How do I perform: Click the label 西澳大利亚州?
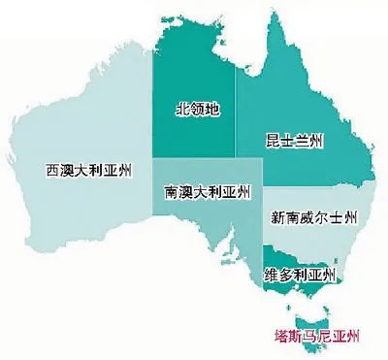(x=92, y=170)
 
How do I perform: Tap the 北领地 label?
(x=197, y=110)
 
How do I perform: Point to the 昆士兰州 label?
(x=294, y=142)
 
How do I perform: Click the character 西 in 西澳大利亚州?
(x=53, y=170)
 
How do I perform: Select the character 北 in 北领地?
(x=181, y=110)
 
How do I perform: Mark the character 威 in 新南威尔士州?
(x=308, y=216)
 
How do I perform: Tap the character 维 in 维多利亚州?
(x=270, y=276)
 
